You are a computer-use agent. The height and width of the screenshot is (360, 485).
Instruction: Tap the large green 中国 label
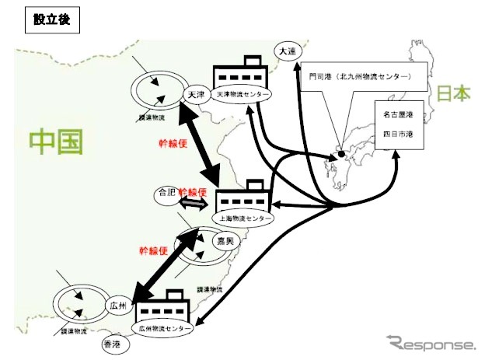(56, 142)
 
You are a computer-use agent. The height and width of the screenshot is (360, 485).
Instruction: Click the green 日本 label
(453, 94)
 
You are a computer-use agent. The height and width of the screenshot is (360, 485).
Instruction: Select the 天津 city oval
(195, 94)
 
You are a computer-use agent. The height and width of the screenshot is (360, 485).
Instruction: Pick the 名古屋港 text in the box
(397, 114)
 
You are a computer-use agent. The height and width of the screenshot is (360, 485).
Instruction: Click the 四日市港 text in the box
(397, 135)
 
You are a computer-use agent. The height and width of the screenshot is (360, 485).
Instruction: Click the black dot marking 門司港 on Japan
(341, 156)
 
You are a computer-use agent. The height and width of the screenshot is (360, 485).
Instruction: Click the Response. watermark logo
(431, 343)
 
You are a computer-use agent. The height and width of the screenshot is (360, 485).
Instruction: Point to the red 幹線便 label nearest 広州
(155, 250)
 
